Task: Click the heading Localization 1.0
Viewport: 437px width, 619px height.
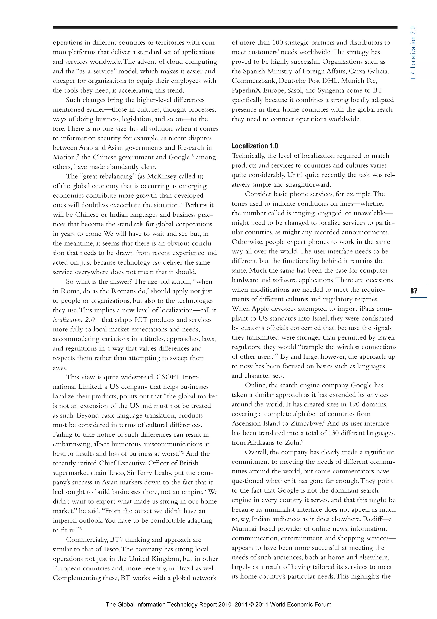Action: (x=255, y=146)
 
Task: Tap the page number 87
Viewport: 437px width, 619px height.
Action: (x=414, y=291)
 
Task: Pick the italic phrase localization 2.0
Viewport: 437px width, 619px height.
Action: (x=73, y=320)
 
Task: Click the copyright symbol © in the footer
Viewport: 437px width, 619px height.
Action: (x=252, y=604)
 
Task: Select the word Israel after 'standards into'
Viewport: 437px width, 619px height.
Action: (x=319, y=318)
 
